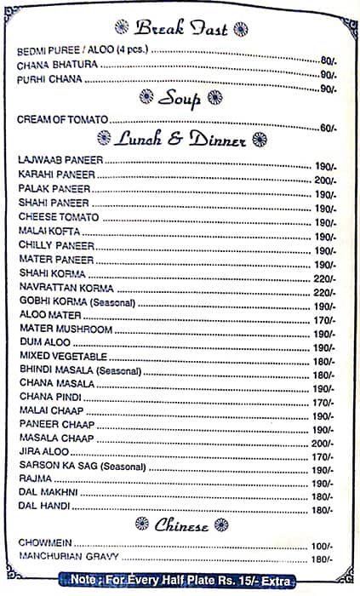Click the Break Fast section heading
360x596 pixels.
(181, 28)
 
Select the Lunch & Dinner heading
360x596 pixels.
(182, 139)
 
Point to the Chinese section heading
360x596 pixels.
(181, 525)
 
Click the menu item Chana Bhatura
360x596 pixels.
(48, 65)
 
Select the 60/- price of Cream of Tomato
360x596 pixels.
(327, 129)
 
